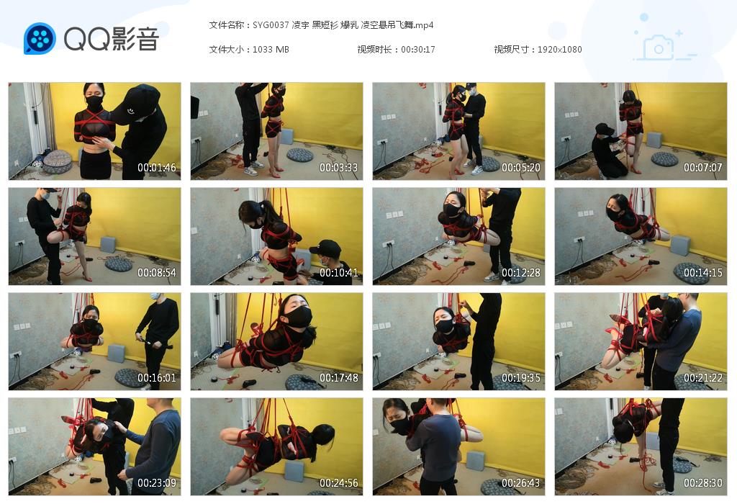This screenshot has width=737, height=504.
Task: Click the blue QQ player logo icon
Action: click(40, 39)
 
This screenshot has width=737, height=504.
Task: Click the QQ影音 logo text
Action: click(111, 39)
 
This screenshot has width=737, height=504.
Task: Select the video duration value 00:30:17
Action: click(417, 49)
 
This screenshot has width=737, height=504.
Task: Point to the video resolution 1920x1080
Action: click(559, 49)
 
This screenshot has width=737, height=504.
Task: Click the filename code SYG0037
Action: click(271, 25)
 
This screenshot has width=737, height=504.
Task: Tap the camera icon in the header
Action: click(658, 48)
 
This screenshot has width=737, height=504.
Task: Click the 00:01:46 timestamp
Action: click(157, 168)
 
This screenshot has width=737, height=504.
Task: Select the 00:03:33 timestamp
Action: click(339, 168)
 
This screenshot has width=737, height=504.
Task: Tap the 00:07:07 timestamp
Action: click(703, 168)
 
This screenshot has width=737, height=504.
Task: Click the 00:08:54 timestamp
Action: click(157, 273)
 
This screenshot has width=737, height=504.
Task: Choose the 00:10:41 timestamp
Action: click(339, 273)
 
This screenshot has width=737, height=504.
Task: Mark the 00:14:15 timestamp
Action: click(703, 273)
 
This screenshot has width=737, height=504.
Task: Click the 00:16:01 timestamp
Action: click(157, 378)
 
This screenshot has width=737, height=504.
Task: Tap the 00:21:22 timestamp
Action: click(703, 378)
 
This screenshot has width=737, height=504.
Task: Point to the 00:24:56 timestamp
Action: click(339, 483)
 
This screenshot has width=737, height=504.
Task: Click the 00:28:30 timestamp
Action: click(703, 483)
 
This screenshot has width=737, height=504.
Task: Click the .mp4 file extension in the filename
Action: click(425, 25)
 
